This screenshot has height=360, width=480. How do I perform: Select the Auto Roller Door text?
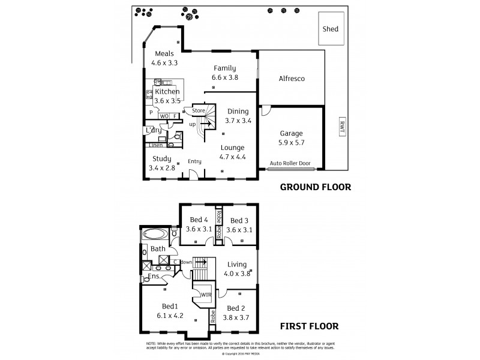pos(291,163)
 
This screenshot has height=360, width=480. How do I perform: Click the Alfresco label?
pos(292,79)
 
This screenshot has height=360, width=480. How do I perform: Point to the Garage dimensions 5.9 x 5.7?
pos(292,143)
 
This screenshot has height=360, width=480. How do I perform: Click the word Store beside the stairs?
pos(199,110)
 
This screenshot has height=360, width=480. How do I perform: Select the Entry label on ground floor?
pos(194,161)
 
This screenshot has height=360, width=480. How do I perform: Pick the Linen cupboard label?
pos(155,145)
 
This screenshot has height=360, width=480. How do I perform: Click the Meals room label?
pos(164,53)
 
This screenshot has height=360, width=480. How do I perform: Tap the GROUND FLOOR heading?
pos(316,187)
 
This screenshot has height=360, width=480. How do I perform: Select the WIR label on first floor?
pos(205,295)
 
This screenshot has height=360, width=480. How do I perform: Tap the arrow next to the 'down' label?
pos(201,262)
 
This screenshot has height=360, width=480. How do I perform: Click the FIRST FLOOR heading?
pos(310,327)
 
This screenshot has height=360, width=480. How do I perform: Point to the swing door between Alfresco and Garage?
pos(266,111)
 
